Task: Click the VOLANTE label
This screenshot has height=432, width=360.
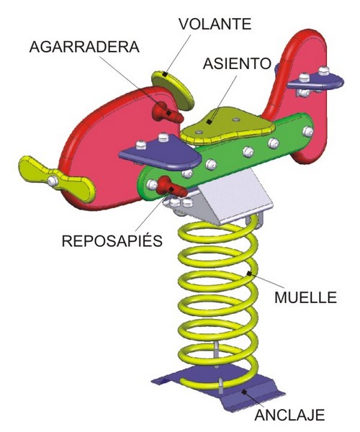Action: (215, 24)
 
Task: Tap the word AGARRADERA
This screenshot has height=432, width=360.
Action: (84, 47)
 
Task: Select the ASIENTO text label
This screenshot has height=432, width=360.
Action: (237, 63)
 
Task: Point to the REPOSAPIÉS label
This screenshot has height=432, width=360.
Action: (112, 240)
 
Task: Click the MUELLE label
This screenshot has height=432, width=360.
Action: (306, 297)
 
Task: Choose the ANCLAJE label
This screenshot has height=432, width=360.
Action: (289, 415)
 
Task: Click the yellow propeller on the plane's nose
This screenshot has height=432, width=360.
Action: (56, 179)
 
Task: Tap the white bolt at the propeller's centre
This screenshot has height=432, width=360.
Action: (52, 181)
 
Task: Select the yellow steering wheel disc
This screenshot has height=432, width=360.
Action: (173, 90)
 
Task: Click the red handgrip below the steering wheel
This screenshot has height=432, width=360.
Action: (167, 112)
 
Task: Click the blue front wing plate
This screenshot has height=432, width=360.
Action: (161, 152)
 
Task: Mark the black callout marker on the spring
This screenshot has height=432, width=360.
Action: (249, 274)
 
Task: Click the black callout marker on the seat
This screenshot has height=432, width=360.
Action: (210, 121)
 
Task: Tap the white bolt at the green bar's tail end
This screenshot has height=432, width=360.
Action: (307, 132)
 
